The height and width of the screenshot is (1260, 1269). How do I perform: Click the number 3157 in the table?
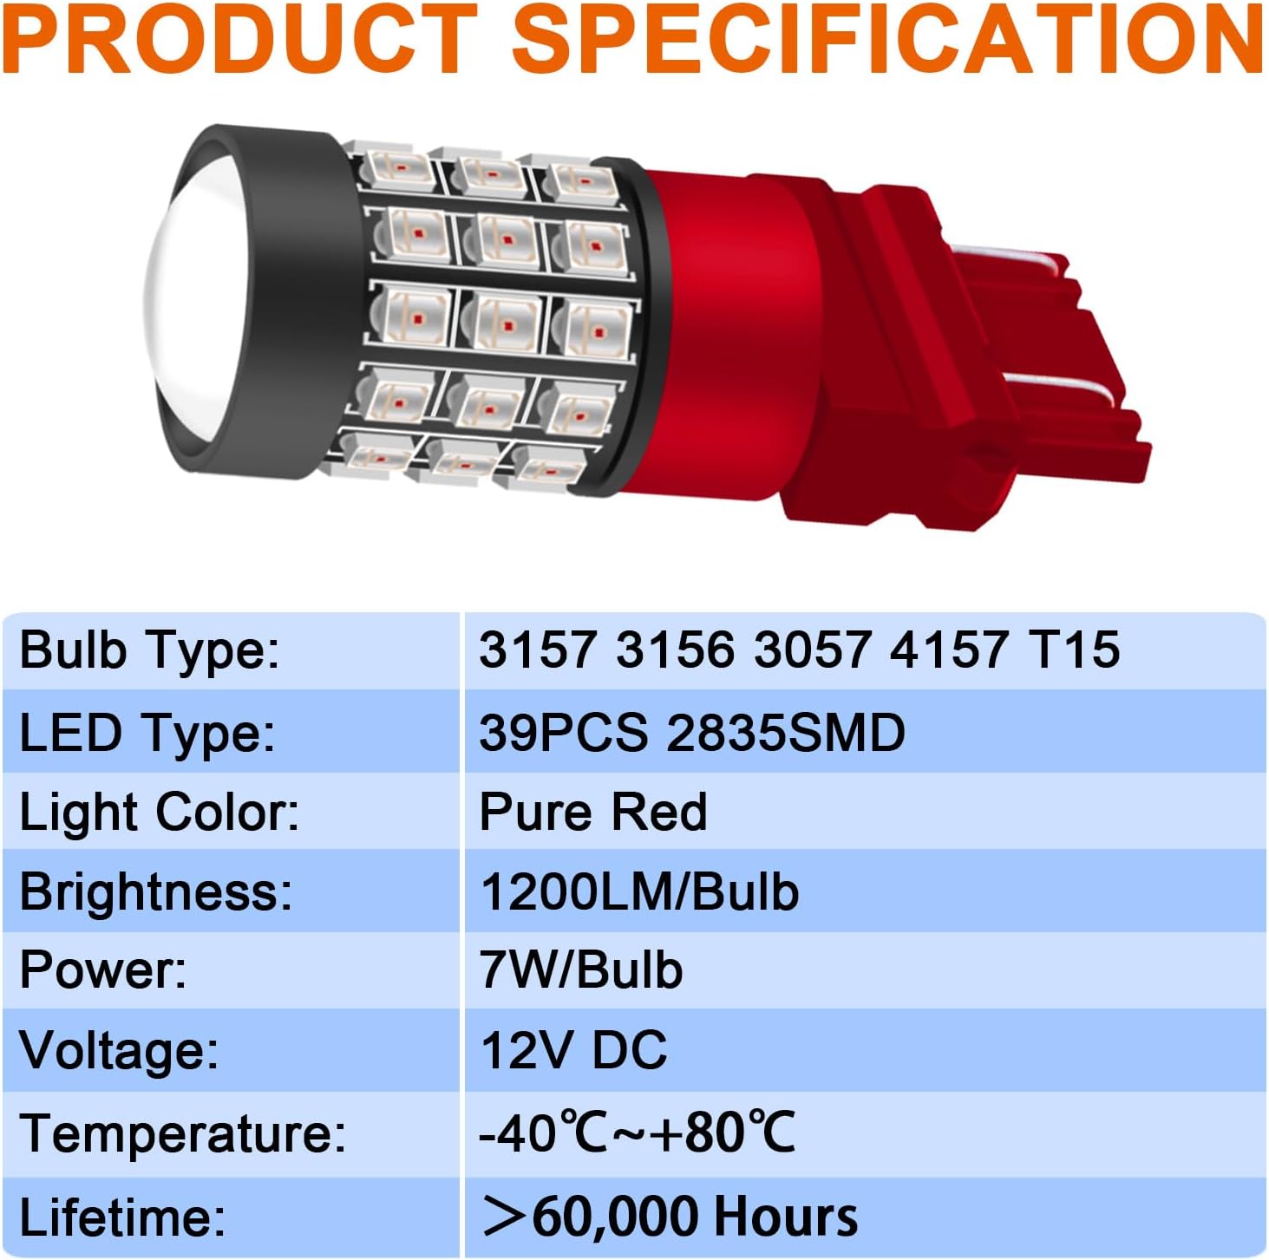538,650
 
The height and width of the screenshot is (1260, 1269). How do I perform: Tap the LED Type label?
147,734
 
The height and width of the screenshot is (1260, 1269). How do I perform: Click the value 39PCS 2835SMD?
692,732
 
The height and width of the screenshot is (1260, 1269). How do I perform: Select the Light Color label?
160,812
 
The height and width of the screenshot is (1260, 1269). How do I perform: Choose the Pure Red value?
592,812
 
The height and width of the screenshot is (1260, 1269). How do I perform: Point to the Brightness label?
156,891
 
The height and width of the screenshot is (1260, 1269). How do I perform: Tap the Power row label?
103,970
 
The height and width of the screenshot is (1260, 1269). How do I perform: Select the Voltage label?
119,1051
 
